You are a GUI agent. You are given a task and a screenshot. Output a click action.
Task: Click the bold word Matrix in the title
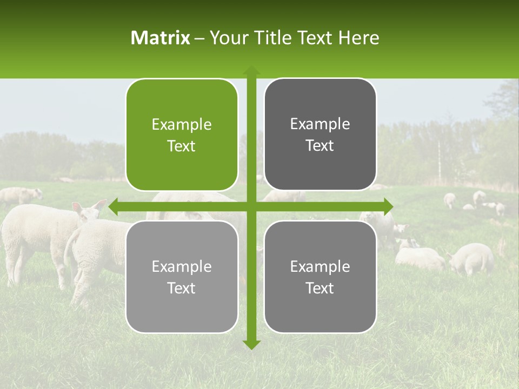[x=161, y=38]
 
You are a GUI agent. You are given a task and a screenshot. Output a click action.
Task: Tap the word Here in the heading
[x=358, y=38]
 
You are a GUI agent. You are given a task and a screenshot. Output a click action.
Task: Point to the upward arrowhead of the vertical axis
[x=251, y=70]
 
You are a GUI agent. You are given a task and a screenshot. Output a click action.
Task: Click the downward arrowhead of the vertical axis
[x=251, y=344]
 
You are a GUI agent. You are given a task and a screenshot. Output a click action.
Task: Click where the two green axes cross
[x=251, y=206]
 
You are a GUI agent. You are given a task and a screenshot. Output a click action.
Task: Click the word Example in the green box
[x=182, y=125]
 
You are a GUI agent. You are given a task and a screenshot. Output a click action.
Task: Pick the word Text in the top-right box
[x=320, y=146]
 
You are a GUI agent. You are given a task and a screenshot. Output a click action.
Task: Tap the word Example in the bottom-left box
[x=182, y=266]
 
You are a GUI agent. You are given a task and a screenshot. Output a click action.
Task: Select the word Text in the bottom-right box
[x=320, y=288]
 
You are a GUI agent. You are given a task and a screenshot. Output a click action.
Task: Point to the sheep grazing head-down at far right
[x=471, y=258]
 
